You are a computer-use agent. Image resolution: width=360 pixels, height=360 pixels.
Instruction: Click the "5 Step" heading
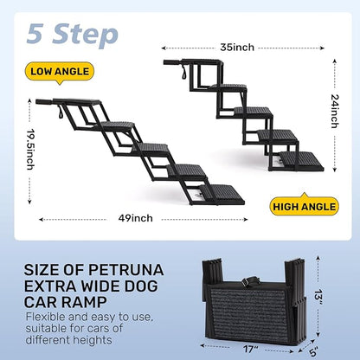click(x=72, y=34)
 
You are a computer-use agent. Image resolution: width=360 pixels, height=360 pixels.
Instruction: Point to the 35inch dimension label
click(x=236, y=48)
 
